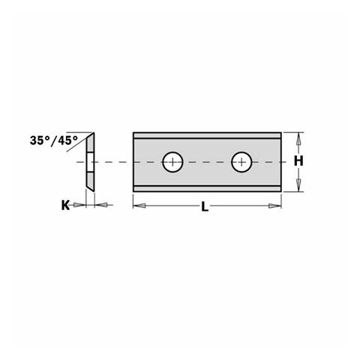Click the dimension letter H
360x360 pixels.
coord(298,161)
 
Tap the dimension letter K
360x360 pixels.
coord(65,204)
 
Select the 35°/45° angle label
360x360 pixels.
coord(53,140)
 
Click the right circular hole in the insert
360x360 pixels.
coord(241,160)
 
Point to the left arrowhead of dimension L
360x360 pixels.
coord(137,204)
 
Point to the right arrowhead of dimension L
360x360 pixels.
coord(278,204)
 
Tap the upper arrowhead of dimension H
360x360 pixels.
coord(298,138)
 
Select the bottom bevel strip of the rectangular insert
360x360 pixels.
coord(208,184)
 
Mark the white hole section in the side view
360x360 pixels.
coord(89,161)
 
